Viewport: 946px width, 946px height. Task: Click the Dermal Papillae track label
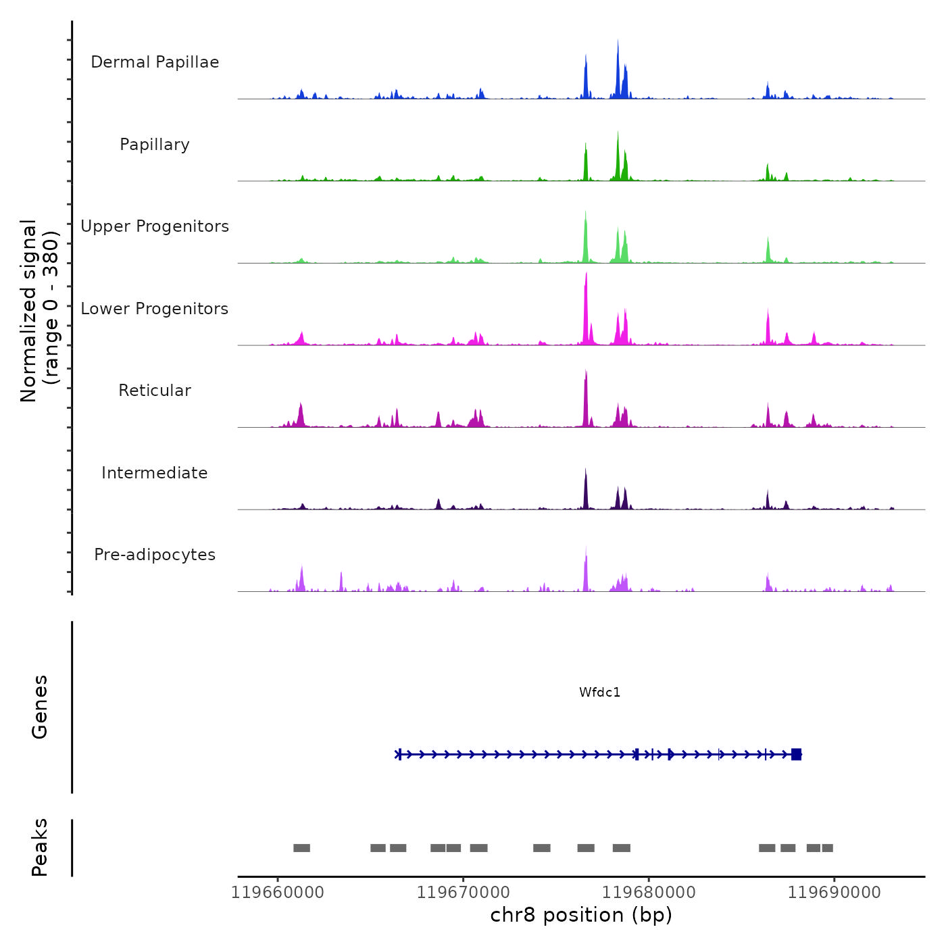[x=155, y=62]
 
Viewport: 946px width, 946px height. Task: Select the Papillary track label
[x=155, y=145]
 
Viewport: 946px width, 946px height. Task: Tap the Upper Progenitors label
[x=155, y=226]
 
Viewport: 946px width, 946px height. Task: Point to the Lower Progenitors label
[x=155, y=309]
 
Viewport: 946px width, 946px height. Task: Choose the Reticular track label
[x=155, y=391]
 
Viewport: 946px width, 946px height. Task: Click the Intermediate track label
[x=155, y=473]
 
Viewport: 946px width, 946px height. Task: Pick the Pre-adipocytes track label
[x=155, y=555]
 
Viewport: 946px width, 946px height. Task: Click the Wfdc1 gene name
[x=599, y=692]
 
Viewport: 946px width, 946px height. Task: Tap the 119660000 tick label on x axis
[x=278, y=893]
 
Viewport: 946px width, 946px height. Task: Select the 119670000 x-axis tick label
[x=464, y=893]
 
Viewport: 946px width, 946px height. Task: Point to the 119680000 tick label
[x=649, y=893]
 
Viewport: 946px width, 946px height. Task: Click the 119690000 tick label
[x=835, y=893]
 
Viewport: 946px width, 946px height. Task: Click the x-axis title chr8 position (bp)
[x=581, y=915]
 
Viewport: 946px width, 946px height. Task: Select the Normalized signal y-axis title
[x=39, y=310]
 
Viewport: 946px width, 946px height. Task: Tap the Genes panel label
[x=39, y=707]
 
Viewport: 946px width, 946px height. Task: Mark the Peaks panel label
[x=39, y=847]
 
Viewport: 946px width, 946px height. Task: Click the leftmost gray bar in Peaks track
[x=301, y=848]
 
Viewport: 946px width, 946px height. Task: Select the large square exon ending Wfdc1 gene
[x=796, y=754]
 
